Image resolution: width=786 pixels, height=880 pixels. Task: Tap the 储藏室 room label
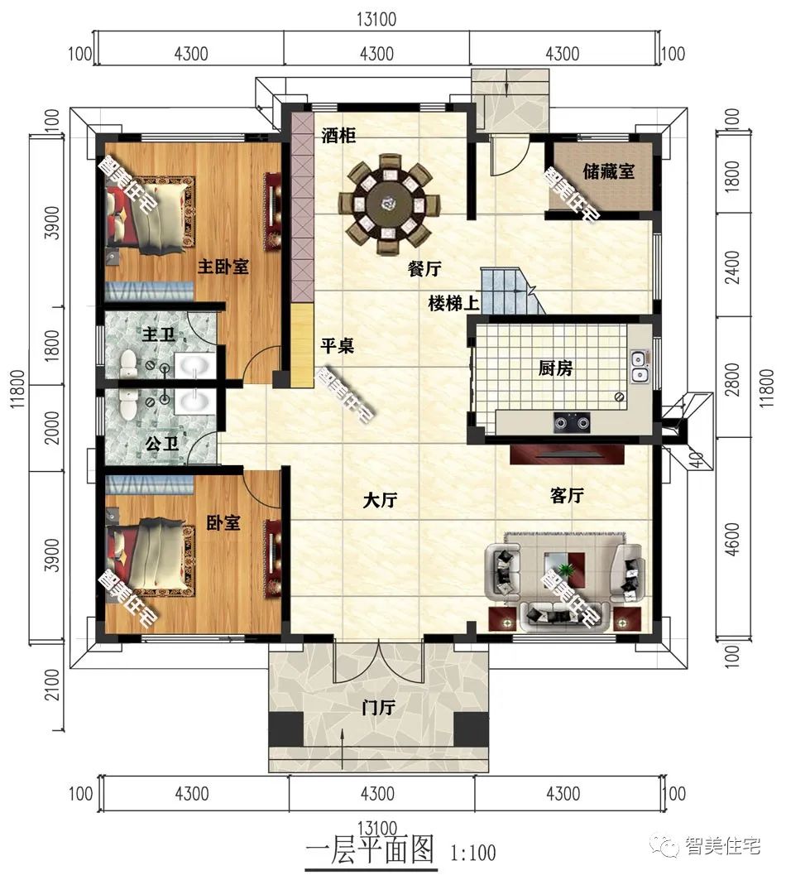[608, 171]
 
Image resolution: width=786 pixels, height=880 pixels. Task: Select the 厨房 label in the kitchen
[555, 368]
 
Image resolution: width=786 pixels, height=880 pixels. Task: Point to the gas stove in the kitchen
[573, 422]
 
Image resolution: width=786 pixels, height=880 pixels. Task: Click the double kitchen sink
[639, 365]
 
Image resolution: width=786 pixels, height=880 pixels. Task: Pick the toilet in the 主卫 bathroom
[128, 363]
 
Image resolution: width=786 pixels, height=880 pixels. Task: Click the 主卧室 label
[223, 267]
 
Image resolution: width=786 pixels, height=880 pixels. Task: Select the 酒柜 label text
[338, 135]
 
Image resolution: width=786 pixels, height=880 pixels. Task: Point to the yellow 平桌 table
[302, 345]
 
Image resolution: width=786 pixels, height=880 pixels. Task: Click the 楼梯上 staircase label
[454, 304]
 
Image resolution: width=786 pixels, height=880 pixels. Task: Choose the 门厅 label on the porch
[378, 708]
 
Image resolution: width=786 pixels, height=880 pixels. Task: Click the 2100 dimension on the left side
[51, 684]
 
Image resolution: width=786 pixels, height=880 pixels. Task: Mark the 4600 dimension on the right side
[732, 539]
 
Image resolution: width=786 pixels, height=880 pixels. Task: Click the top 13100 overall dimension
[376, 19]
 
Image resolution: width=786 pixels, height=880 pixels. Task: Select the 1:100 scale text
[473, 853]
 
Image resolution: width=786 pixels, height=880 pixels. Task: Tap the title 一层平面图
[371, 849]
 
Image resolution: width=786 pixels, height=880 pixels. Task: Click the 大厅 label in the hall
[380, 500]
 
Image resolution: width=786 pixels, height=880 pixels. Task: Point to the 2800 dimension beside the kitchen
[732, 379]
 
